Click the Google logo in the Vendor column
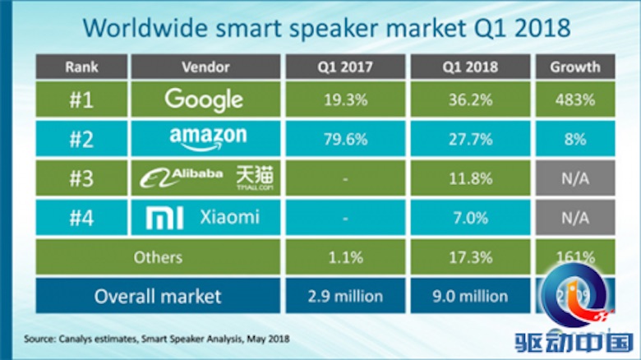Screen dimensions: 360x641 point(203,99)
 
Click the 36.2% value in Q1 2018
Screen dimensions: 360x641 point(468,100)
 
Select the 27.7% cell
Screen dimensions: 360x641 point(468,139)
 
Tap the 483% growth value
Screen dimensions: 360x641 point(575,100)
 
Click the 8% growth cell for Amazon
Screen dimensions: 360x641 point(575,139)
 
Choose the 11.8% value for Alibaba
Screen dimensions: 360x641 point(468,178)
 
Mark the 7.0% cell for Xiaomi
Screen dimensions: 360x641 point(468,218)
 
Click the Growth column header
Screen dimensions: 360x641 point(575,67)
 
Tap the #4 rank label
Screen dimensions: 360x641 point(80,218)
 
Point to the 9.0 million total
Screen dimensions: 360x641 point(468,296)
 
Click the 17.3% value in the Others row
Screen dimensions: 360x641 point(468,257)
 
